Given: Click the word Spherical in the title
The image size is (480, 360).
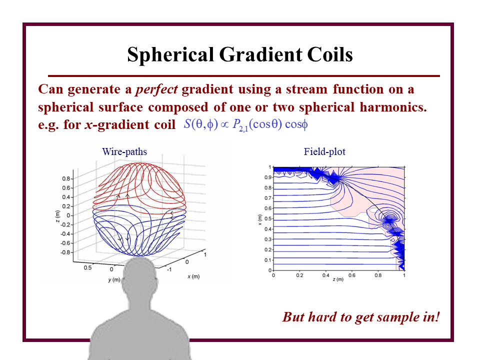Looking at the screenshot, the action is pyautogui.click(x=170, y=55).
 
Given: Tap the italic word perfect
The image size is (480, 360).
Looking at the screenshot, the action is pyautogui.click(x=156, y=89).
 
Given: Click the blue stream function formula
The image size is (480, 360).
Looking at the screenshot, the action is pyautogui.click(x=246, y=124).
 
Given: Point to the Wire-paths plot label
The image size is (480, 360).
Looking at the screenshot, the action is pyautogui.click(x=124, y=151).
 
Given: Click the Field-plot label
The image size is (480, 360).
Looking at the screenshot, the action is pyautogui.click(x=324, y=151).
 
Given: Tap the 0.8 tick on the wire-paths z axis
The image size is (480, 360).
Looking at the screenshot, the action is pyautogui.click(x=66, y=178).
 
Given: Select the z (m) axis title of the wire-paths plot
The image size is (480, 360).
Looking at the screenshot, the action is pyautogui.click(x=57, y=216).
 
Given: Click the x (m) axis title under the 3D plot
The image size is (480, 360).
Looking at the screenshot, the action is pyautogui.click(x=193, y=276).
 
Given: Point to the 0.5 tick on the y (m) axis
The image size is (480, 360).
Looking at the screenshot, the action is pyautogui.click(x=87, y=267).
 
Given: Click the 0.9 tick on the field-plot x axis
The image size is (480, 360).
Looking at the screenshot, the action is pyautogui.click(x=267, y=177).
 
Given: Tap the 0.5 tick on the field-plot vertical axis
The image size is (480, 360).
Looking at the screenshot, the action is pyautogui.click(x=267, y=219).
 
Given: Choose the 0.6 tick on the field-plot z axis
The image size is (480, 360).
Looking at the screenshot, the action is pyautogui.click(x=351, y=275).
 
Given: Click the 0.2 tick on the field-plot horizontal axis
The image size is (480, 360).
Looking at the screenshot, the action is pyautogui.click(x=299, y=275).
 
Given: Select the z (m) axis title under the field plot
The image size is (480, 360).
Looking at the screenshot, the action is pyautogui.click(x=338, y=279).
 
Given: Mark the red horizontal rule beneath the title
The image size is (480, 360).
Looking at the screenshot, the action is pyautogui.click(x=244, y=75).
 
